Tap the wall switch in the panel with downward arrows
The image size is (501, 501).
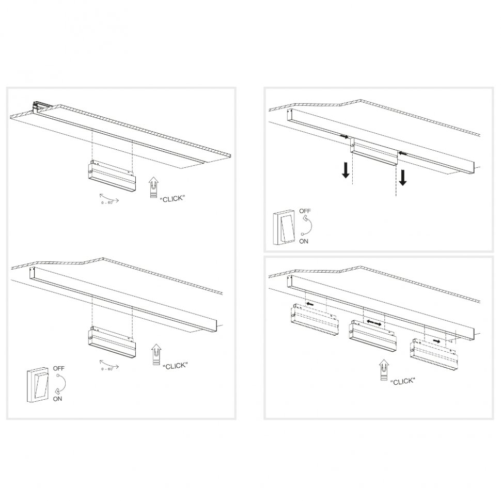coord(283,227)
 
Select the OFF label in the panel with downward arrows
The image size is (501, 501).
coord(305,211)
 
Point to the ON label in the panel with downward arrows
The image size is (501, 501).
coord(304,241)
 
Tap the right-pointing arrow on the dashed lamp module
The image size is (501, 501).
coord(437,341)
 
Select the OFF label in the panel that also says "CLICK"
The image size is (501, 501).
coord(59,368)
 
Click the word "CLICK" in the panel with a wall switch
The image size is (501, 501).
coord(175,366)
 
